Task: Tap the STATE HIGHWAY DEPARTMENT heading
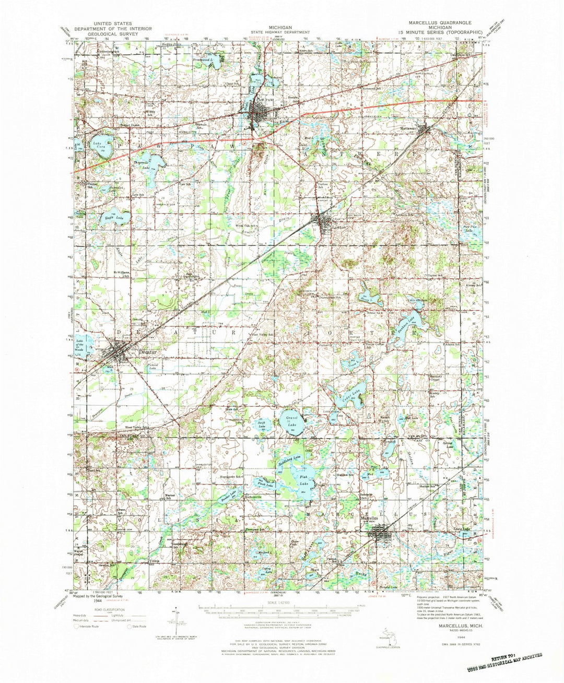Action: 280,31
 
